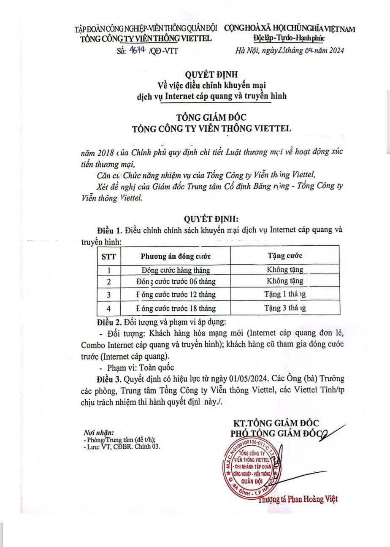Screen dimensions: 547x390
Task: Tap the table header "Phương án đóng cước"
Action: (x=176, y=256)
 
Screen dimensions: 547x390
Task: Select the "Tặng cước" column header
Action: (x=285, y=256)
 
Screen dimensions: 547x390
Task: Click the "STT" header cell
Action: (x=109, y=256)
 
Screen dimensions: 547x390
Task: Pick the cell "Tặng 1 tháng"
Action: (x=285, y=294)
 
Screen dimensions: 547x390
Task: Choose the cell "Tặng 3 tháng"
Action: (x=285, y=308)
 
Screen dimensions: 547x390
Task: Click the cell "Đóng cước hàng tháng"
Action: (x=176, y=270)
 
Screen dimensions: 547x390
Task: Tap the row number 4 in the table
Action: (x=109, y=308)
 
